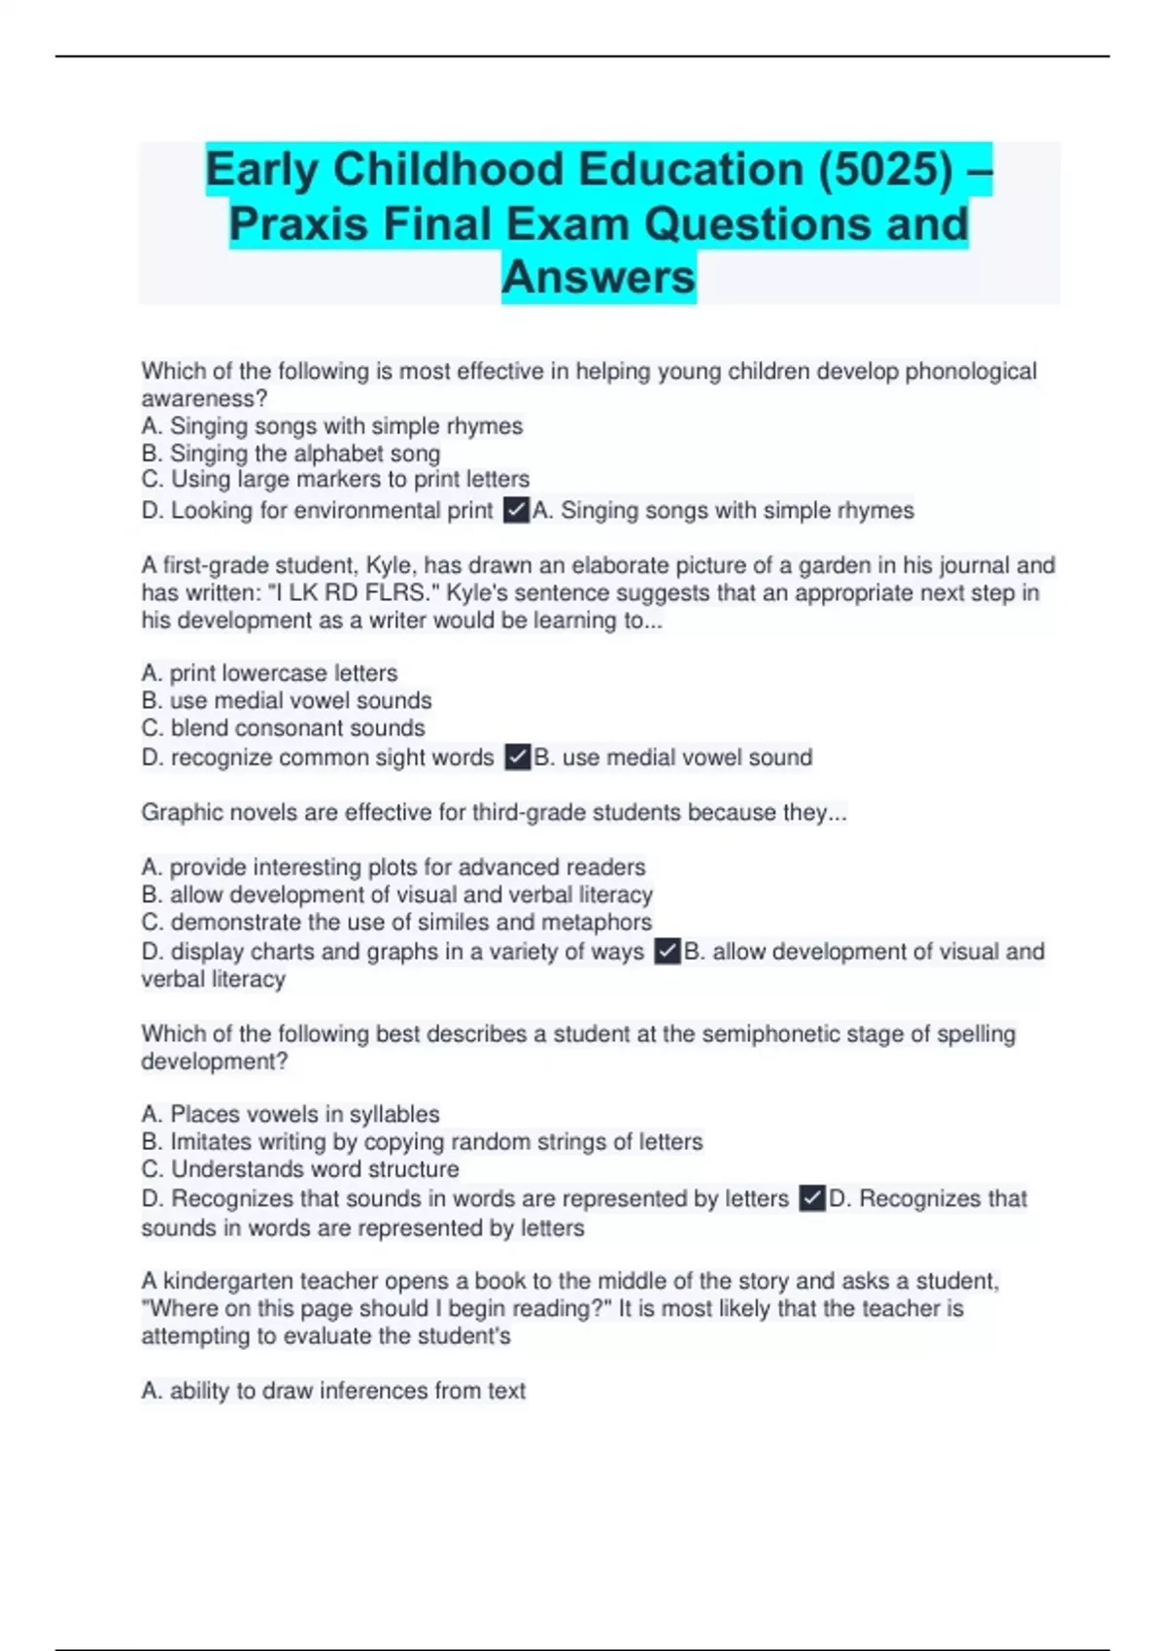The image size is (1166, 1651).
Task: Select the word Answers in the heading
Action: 599,278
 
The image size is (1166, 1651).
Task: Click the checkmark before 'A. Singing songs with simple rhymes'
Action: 516,510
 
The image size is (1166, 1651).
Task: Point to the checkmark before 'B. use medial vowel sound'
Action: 518,758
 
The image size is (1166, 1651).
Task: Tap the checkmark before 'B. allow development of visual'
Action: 668,952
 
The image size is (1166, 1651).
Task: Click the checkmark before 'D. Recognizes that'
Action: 811,1198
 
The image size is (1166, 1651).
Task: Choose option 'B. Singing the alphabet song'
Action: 291,454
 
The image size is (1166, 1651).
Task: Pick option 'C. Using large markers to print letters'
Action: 335,480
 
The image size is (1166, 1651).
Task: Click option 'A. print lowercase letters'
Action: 269,673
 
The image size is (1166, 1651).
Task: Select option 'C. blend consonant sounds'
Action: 283,728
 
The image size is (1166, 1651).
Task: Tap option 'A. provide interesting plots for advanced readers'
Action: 393,867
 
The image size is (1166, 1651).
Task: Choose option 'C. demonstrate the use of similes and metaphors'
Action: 396,922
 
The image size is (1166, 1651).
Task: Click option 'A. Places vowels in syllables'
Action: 290,1114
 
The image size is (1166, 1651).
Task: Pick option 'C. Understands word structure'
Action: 299,1169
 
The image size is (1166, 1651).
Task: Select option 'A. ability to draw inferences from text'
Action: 332,1391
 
